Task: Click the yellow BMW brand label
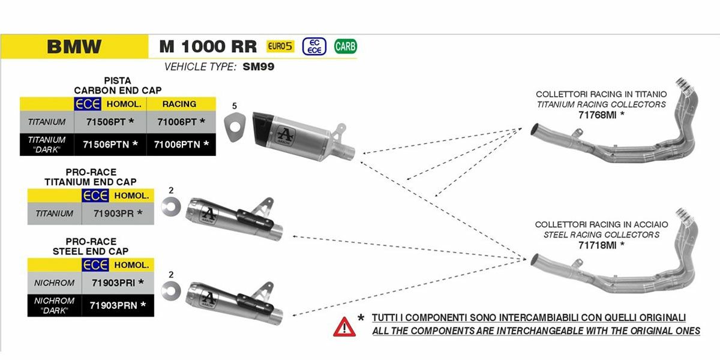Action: point(74,47)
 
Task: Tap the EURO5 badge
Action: point(280,46)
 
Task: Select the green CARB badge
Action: point(345,46)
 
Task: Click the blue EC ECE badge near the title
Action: point(314,46)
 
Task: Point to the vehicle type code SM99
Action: point(259,67)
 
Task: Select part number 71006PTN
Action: point(181,144)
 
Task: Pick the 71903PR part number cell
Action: point(118,213)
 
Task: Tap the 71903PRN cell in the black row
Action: point(118,305)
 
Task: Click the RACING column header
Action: point(179,104)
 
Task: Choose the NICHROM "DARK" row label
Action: point(54,305)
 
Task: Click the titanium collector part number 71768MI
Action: point(601,114)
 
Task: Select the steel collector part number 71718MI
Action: point(601,244)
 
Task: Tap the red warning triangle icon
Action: point(344,326)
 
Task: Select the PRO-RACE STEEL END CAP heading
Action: point(91,247)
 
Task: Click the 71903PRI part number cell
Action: point(118,282)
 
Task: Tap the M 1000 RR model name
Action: point(208,47)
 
